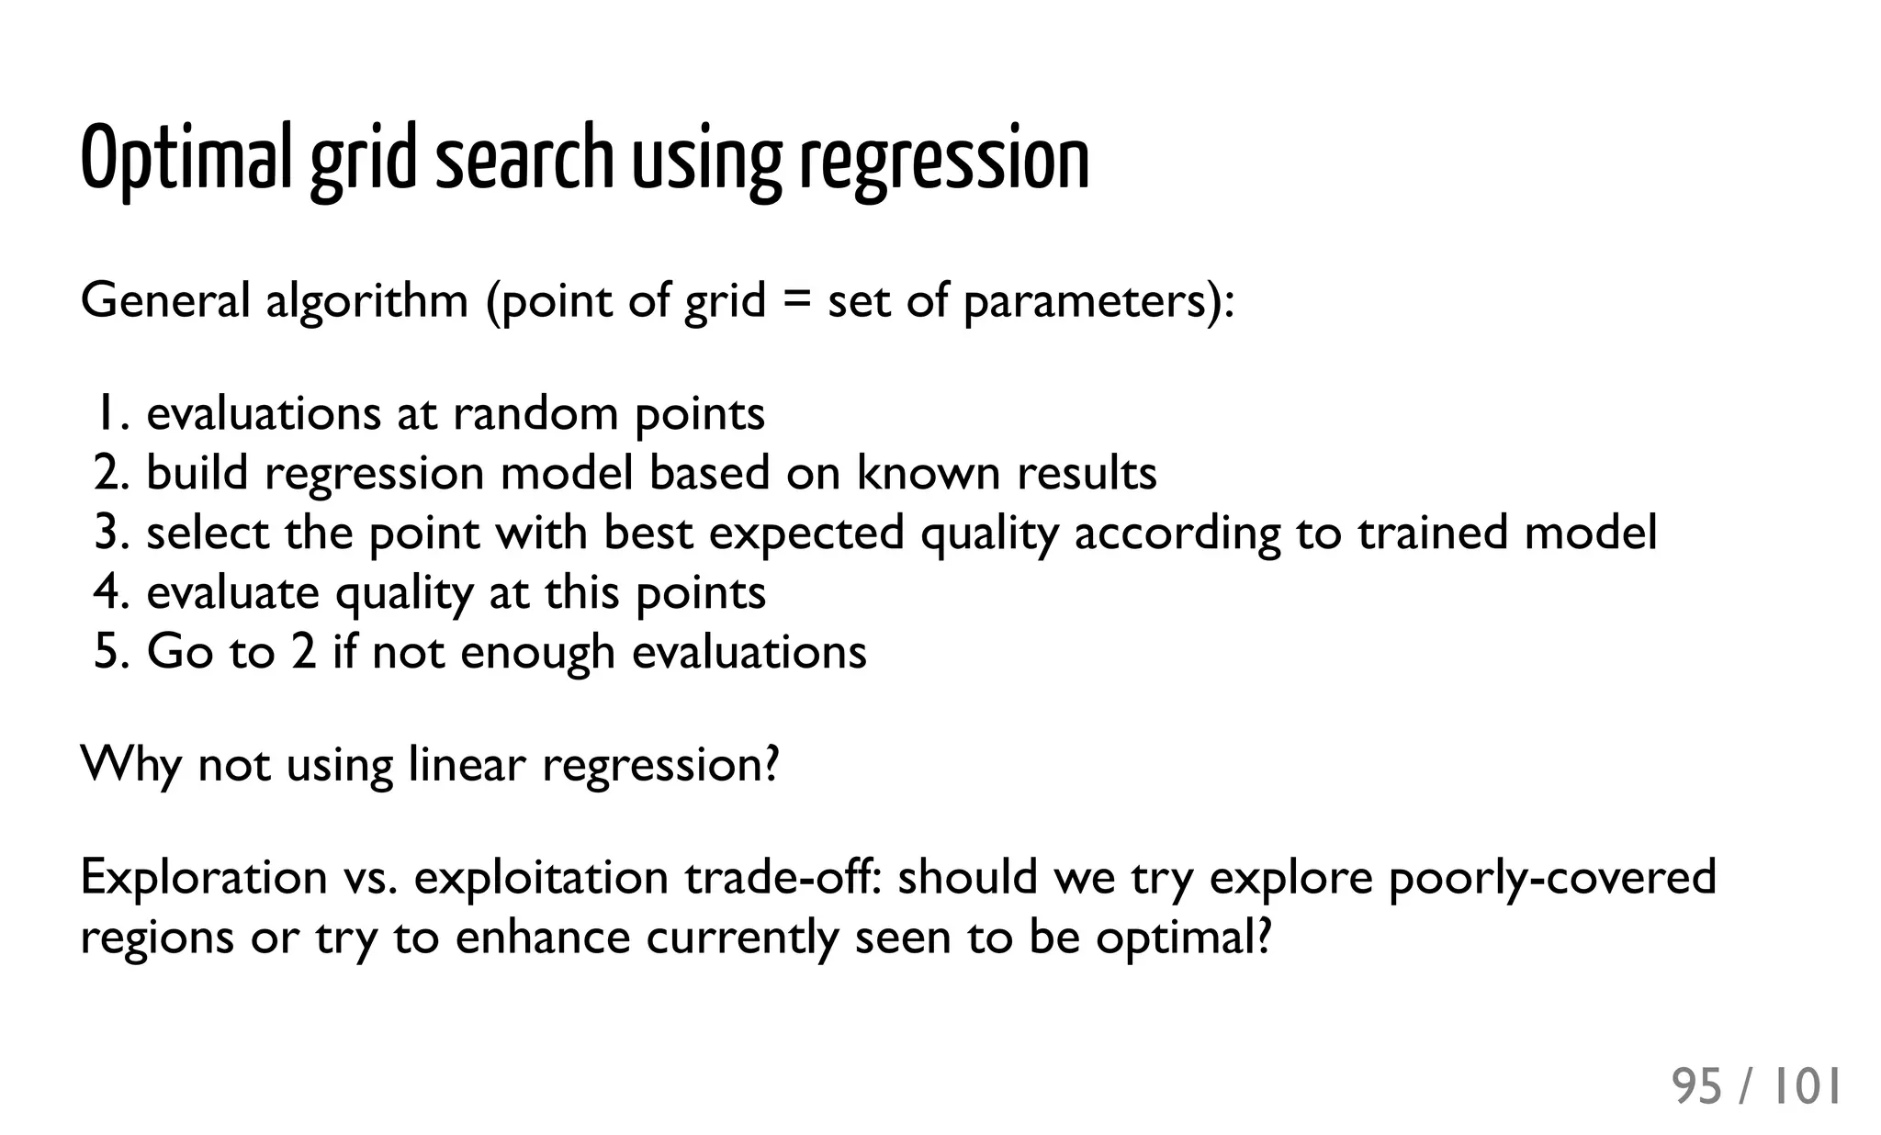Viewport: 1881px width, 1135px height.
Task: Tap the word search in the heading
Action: coord(524,158)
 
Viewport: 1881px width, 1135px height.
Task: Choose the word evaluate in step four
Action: coord(232,592)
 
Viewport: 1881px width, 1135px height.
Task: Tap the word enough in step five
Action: coord(537,652)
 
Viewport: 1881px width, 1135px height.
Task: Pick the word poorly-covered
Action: coord(1551,877)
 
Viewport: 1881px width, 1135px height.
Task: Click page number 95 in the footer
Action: coord(1696,1087)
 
